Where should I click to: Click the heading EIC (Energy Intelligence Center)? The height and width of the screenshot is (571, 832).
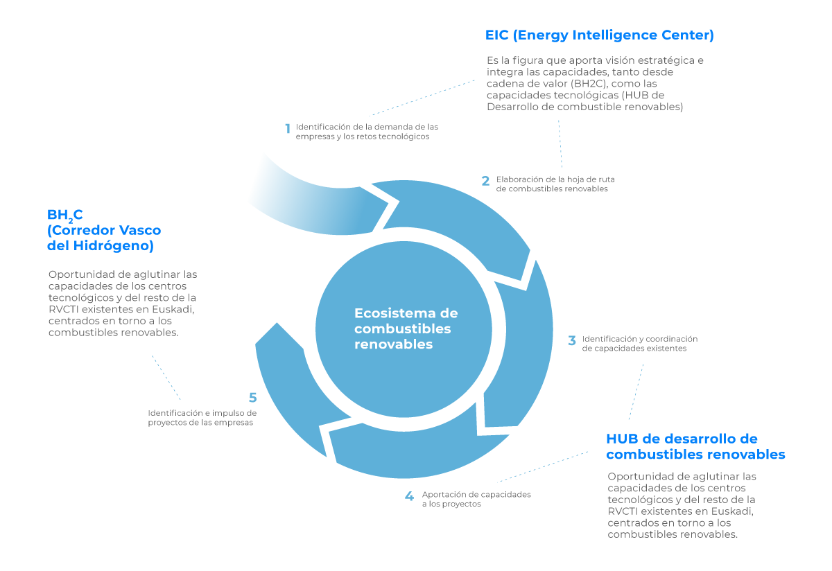tap(600, 35)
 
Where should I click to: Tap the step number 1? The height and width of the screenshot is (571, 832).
tap(287, 129)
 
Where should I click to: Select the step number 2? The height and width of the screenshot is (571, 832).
tap(486, 182)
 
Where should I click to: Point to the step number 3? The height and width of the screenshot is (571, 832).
tap(572, 341)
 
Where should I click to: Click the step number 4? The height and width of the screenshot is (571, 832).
tap(410, 497)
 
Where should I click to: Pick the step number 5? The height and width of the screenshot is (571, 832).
tap(253, 398)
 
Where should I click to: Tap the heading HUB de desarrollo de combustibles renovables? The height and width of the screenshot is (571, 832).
tap(695, 447)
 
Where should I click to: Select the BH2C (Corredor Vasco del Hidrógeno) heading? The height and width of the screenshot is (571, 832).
tap(104, 230)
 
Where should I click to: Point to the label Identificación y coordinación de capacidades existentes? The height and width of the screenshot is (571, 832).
tap(639, 344)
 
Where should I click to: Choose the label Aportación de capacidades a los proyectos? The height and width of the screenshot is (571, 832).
tap(476, 499)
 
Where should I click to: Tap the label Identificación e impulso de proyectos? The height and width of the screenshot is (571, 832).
tap(202, 418)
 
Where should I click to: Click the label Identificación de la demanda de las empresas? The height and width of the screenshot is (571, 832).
tap(367, 132)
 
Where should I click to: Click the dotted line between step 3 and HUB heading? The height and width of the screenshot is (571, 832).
tap(636, 392)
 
